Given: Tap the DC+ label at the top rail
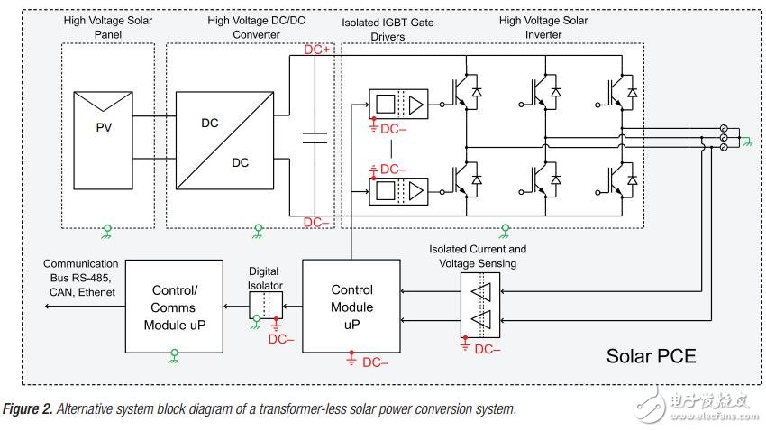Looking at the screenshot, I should pos(317,50).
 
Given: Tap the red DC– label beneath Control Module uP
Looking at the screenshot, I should pos(376,363).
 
